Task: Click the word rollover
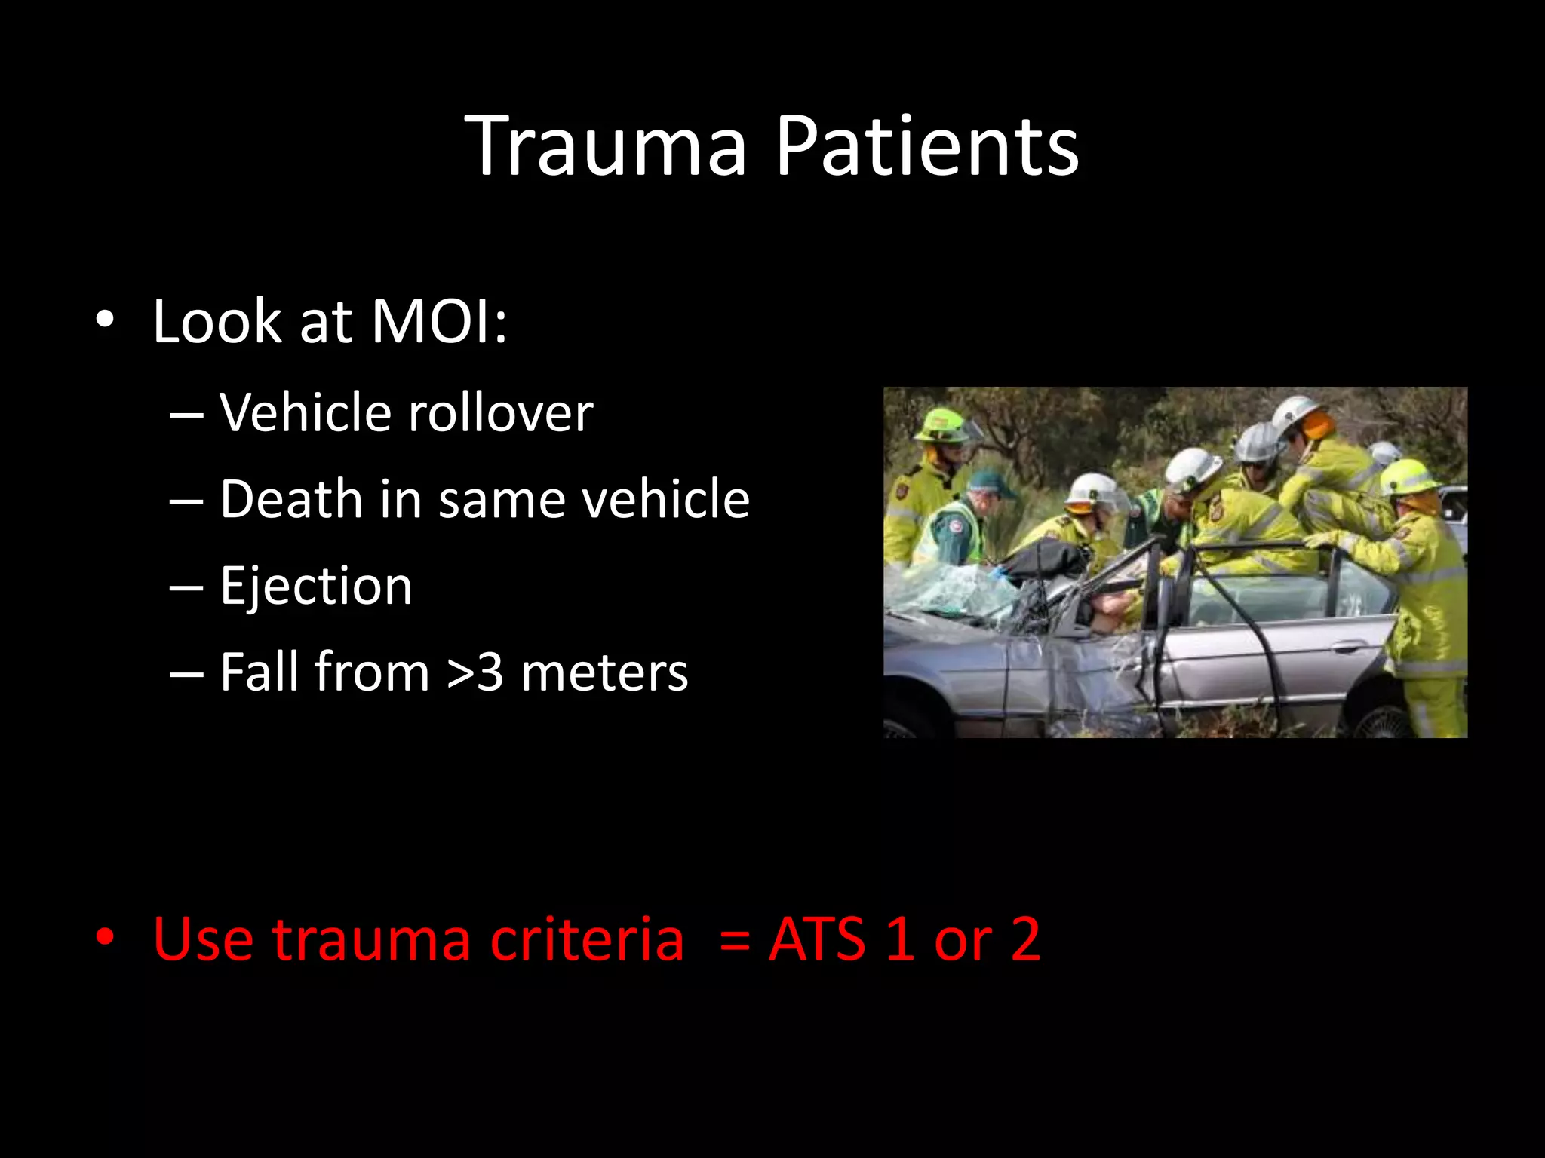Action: pos(500,413)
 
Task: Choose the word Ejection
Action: pos(316,586)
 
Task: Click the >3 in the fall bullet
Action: pos(475,672)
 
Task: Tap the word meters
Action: pos(604,672)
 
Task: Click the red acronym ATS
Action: pos(817,939)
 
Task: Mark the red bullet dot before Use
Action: pos(105,939)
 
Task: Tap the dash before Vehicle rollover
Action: pos(186,415)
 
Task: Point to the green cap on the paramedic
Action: pos(990,483)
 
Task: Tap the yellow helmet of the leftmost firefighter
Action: pos(942,425)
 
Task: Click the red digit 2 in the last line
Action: pos(1025,939)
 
